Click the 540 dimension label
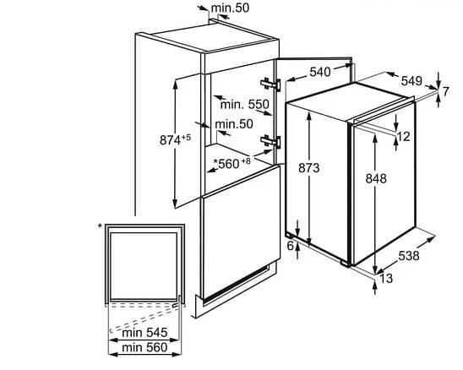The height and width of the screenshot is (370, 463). point(320,72)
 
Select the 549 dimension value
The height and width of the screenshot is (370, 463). point(411,81)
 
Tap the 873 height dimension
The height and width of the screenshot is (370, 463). point(309,168)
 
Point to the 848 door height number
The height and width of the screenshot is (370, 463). point(376,178)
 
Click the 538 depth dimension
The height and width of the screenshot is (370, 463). point(409,256)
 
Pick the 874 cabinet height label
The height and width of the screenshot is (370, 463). point(175,140)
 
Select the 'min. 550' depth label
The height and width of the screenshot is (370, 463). point(245,105)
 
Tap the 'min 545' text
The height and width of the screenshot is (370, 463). point(144,333)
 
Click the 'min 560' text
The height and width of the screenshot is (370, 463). point(144,347)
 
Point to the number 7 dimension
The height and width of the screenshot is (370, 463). point(445,91)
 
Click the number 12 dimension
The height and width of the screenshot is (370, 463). point(403,137)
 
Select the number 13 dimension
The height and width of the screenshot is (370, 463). point(386,278)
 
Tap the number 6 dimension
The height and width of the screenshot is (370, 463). point(291,246)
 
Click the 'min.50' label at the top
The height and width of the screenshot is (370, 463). point(230,8)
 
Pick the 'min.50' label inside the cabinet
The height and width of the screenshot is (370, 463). point(234,124)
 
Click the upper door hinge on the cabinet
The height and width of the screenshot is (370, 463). point(270,84)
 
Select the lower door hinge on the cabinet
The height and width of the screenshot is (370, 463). point(270,141)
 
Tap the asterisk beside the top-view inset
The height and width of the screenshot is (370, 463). point(100,226)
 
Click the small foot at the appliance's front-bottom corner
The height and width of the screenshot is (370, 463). point(345,263)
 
